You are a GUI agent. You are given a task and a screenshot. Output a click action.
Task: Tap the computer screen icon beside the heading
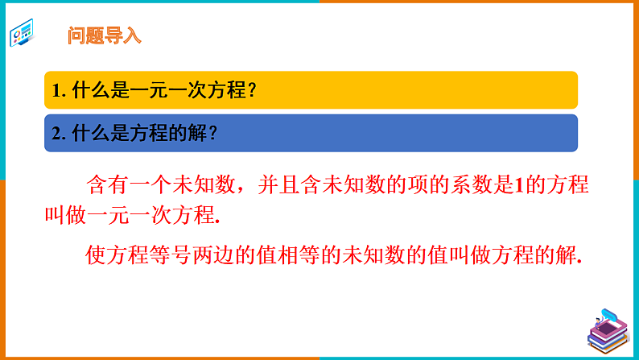23,35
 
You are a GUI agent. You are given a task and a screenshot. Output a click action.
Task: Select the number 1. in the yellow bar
58,91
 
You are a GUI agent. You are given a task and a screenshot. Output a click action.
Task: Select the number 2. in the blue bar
58,134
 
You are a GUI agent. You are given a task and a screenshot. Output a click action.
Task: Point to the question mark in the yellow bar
252,91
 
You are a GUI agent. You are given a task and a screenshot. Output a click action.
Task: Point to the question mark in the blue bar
212,134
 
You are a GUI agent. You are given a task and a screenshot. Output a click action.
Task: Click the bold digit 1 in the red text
519,186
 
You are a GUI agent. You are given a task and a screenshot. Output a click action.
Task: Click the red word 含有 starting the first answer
106,186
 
